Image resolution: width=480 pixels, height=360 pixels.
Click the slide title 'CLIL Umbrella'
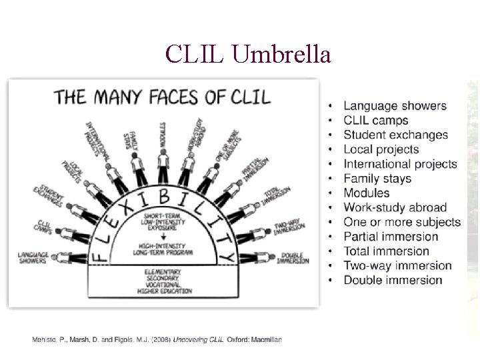[x=249, y=53]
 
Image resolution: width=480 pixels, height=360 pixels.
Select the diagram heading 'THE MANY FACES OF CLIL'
[x=163, y=96]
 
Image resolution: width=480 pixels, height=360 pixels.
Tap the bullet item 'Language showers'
[x=395, y=106]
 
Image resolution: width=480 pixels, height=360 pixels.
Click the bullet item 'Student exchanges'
[x=396, y=135]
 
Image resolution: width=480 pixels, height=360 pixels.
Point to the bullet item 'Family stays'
[x=377, y=179]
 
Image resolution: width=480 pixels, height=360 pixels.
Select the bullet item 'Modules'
[x=367, y=193]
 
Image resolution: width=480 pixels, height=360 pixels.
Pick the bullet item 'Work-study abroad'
[x=395, y=207]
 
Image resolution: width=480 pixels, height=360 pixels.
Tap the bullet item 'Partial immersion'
[x=391, y=237]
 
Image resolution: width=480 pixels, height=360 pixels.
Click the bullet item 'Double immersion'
[x=393, y=280]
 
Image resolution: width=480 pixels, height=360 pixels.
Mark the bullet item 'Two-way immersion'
[x=397, y=265]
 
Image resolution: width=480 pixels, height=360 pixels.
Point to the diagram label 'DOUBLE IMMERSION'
[x=293, y=258]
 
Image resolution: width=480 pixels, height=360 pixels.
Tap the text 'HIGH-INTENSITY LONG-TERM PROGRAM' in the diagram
[x=163, y=249]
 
